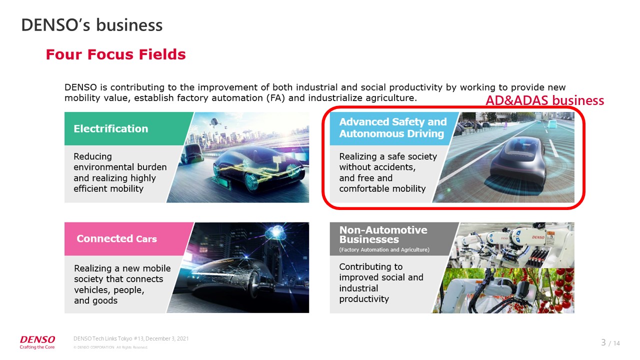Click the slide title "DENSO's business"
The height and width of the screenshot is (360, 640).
[91, 25]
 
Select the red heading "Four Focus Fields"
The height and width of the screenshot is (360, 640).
[115, 54]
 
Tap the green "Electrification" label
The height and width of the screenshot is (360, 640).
[111, 128]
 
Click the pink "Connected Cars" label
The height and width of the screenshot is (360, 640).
[116, 238]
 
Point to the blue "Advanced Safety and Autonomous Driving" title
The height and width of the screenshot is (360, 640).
[393, 127]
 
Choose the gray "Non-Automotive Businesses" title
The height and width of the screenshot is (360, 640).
[383, 234]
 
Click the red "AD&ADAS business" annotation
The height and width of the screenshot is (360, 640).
[544, 100]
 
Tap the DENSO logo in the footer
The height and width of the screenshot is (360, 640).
[37, 339]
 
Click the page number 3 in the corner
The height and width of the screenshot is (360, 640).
[603, 342]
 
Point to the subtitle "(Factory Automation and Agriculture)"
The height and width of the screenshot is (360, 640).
[384, 249]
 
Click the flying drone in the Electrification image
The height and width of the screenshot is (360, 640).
[214, 122]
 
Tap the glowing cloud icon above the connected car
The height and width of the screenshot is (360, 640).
[275, 232]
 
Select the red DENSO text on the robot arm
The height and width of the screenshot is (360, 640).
[538, 237]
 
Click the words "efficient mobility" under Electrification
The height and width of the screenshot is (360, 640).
[108, 188]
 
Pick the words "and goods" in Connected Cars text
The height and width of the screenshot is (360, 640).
[95, 300]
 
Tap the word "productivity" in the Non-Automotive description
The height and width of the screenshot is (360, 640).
[364, 299]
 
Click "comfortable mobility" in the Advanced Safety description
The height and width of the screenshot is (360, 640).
[382, 188]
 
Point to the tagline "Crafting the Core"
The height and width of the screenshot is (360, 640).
[37, 347]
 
